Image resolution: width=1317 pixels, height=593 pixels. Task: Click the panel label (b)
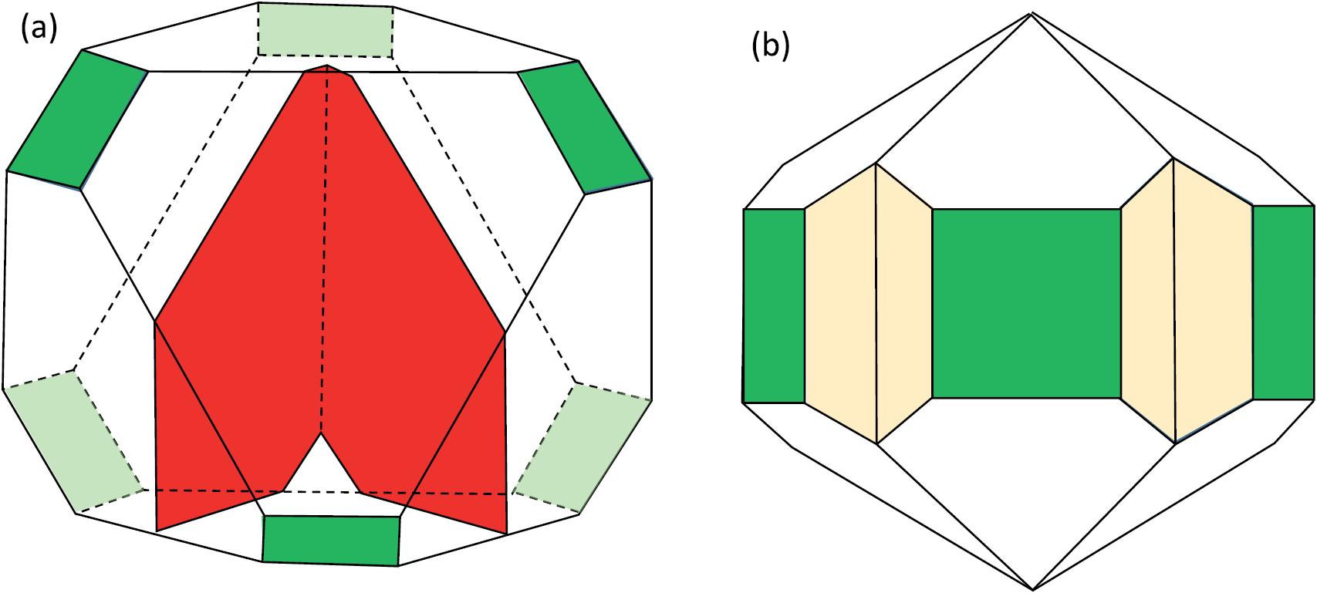(770, 46)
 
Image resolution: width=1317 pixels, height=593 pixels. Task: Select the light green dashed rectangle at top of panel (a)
(326, 29)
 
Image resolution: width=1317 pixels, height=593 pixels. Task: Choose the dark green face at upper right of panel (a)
(585, 127)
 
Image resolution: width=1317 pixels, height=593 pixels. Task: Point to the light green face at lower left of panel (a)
(74, 442)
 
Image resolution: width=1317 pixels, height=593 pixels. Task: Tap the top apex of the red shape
(328, 67)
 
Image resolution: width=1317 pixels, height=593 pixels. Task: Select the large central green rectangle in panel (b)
(1026, 303)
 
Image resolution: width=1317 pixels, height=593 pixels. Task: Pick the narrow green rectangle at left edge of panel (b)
(774, 305)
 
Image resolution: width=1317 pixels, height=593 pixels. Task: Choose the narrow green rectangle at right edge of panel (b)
(1283, 302)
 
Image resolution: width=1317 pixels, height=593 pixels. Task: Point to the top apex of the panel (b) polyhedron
(1032, 13)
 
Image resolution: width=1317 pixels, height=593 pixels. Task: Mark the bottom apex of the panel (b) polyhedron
(1033, 589)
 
